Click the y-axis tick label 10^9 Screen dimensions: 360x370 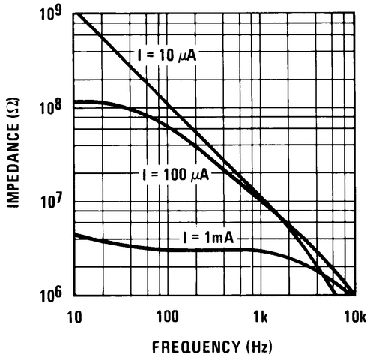pyautogui.click(x=50, y=15)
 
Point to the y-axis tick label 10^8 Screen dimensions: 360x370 pyautogui.click(x=50, y=108)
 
